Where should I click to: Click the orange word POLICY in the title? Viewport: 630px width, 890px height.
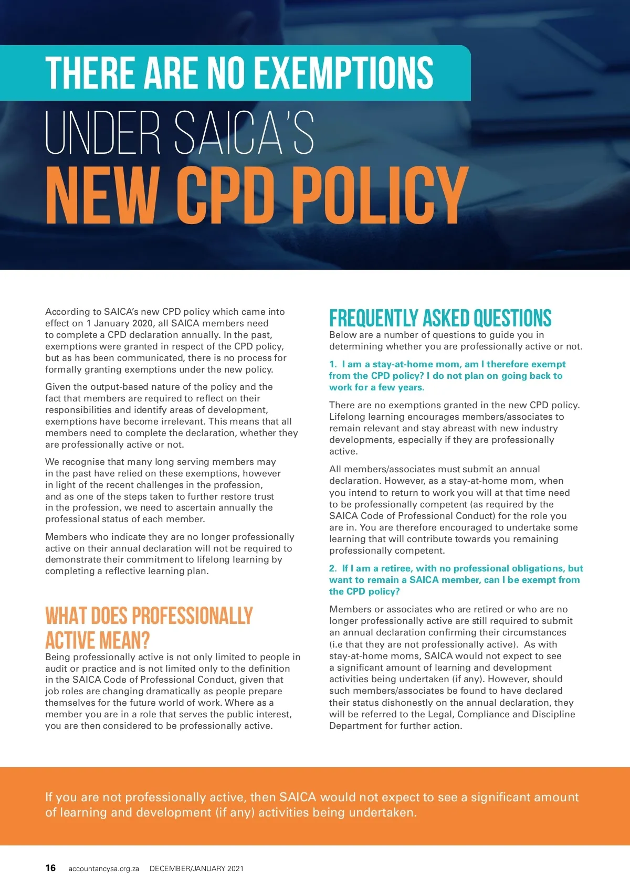click(379, 195)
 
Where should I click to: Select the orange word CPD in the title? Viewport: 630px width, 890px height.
click(226, 195)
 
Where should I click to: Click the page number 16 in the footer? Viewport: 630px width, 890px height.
click(50, 868)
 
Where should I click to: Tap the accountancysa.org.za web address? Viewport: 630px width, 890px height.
click(103, 868)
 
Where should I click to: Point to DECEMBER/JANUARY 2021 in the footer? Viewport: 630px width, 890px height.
click(196, 868)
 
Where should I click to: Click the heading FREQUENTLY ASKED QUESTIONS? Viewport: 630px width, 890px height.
click(440, 318)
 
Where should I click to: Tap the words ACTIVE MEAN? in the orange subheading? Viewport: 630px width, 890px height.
click(98, 640)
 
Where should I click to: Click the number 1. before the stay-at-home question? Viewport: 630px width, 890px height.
click(333, 364)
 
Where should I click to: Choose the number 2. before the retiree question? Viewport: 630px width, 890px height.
click(333, 568)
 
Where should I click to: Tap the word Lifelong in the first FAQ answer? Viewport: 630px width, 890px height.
click(347, 417)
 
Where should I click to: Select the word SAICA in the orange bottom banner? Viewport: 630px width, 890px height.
click(298, 797)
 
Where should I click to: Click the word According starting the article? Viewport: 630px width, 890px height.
click(66, 312)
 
